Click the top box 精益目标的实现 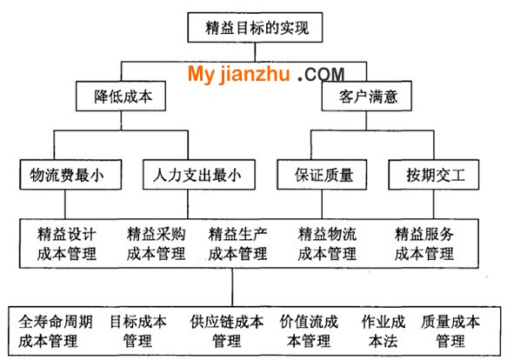[x=255, y=28]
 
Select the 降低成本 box [x=121, y=96]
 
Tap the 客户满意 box [x=367, y=96]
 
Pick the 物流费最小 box [x=70, y=175]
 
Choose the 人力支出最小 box [x=199, y=175]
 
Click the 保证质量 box [x=322, y=175]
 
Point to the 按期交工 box [x=434, y=175]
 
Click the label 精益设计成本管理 [x=67, y=243]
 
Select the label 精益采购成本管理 [x=157, y=243]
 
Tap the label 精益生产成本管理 [x=237, y=243]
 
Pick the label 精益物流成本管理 [x=327, y=243]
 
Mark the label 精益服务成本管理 [x=424, y=243]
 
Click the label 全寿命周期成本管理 [x=56, y=331]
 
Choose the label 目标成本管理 [x=138, y=331]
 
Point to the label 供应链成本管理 [x=227, y=331]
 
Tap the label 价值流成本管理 [x=309, y=331]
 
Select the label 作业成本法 [x=384, y=331]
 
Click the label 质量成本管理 [x=450, y=331]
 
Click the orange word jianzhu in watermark [x=255, y=75]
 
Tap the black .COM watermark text [x=321, y=75]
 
